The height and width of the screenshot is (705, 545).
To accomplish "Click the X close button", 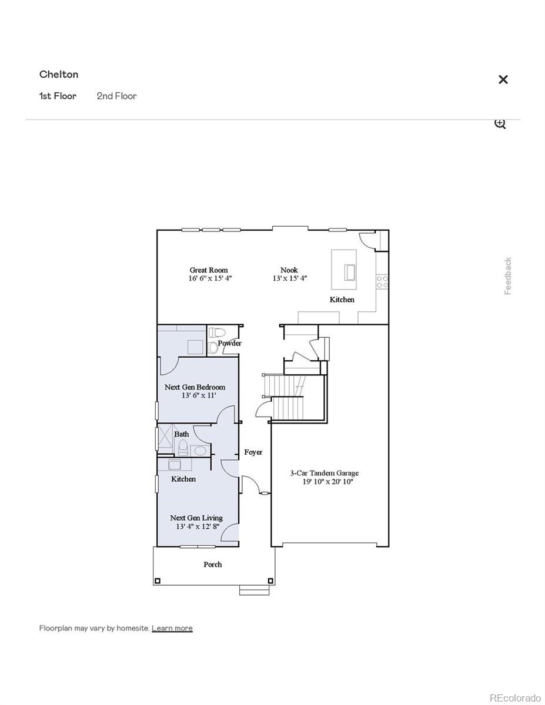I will (503, 79).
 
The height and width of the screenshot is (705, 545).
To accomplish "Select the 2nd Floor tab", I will (116, 96).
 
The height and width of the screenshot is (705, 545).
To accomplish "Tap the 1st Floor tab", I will (58, 96).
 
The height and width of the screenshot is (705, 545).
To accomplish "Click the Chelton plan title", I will (59, 74).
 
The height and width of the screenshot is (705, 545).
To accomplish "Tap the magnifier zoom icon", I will (500, 123).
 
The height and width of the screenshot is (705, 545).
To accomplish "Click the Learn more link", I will (172, 628).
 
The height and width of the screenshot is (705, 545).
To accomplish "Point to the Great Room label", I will (209, 270).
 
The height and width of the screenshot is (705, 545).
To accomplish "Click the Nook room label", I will (289, 270).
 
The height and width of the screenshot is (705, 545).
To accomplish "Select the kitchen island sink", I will (350, 273).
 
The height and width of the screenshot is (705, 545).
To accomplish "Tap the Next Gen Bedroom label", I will (195, 387).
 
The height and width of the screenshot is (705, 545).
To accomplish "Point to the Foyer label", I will (253, 452).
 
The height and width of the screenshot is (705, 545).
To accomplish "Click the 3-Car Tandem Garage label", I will (324, 473).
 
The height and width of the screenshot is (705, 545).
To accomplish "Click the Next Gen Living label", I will (196, 518).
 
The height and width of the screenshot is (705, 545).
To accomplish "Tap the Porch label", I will (213, 565).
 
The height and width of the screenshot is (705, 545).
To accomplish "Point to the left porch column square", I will (157, 581).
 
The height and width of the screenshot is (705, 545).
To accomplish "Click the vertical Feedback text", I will (508, 276).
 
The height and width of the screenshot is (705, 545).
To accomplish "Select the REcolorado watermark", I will (515, 697).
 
